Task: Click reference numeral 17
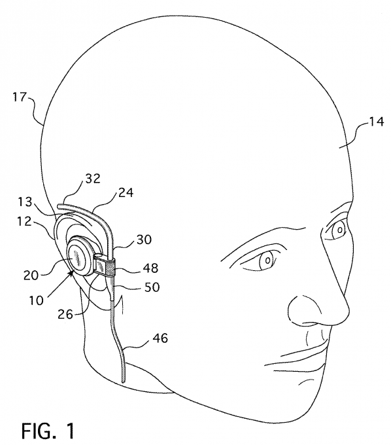click(x=19, y=98)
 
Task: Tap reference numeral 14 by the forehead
click(x=376, y=121)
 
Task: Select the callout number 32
click(x=93, y=178)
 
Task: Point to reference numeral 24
click(x=126, y=192)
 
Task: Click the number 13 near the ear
click(x=25, y=202)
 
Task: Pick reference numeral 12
click(x=24, y=221)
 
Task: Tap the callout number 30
click(x=144, y=240)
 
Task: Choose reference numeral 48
click(x=150, y=268)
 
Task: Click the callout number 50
click(x=152, y=287)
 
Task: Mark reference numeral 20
click(x=31, y=275)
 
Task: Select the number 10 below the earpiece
click(x=37, y=300)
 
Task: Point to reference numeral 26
click(x=65, y=314)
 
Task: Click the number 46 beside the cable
click(x=160, y=338)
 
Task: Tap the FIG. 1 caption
click(x=48, y=430)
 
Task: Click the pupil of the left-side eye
click(x=267, y=260)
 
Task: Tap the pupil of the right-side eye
click(x=340, y=230)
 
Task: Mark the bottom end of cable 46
click(x=124, y=382)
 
